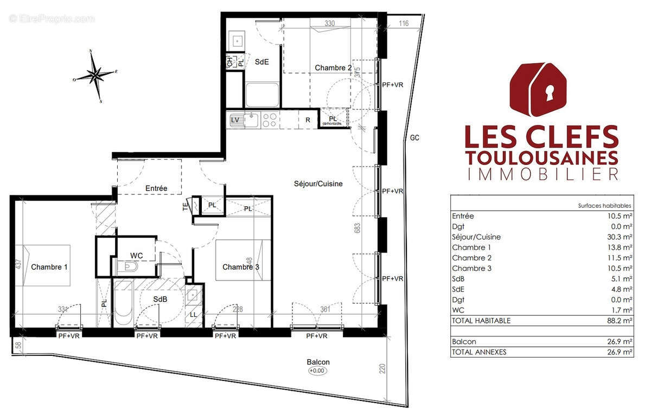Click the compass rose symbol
point(95,75)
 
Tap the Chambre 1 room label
point(49,267)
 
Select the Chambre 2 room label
point(333,68)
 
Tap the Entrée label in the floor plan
point(156,188)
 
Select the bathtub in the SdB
point(122,304)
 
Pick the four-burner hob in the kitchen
point(270,120)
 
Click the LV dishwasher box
point(235,120)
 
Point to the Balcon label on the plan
point(318,362)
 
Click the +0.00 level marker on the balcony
point(318,371)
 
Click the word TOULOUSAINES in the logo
point(542,157)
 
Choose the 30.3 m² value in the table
point(621,237)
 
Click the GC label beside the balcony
point(415,138)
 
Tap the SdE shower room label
point(262,62)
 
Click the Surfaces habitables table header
point(605,206)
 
